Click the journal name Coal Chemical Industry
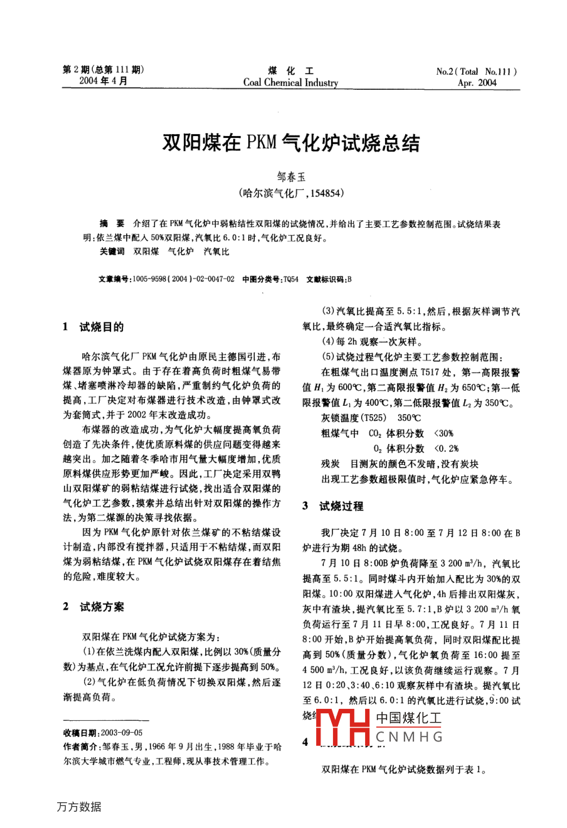coord(290,83)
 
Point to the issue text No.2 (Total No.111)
coord(477,72)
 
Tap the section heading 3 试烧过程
coord(332,506)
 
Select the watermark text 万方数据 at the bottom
coord(78,807)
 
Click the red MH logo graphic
coord(343,729)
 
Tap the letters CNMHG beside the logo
coord(409,737)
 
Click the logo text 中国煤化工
coord(409,719)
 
